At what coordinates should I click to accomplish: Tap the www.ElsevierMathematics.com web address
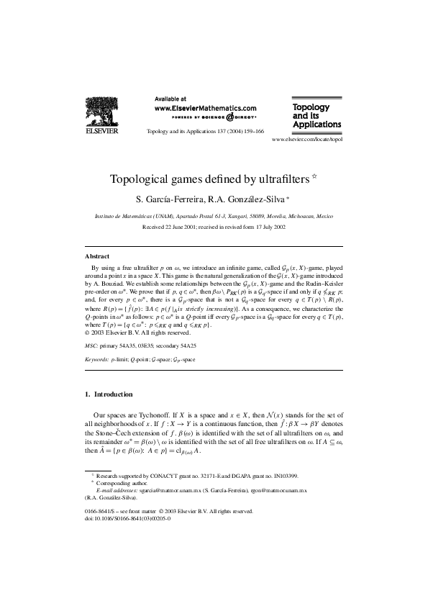coord(206,107)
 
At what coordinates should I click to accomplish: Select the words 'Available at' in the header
coord(170,98)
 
